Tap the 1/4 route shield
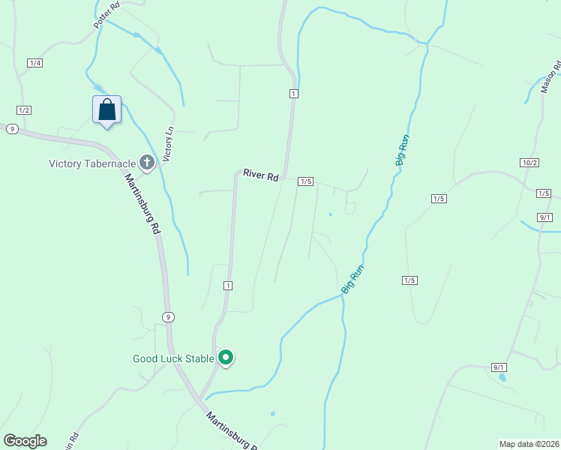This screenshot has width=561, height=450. [x=34, y=63]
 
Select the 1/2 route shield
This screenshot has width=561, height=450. [x=24, y=110]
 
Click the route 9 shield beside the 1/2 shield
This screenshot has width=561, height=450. [x=11, y=129]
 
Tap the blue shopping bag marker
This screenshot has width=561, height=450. [x=107, y=109]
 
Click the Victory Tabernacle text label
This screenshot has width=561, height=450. [x=92, y=163]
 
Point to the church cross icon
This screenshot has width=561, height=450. [x=147, y=162]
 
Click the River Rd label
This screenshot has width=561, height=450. [x=261, y=175]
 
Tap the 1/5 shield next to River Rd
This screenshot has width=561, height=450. [x=304, y=181]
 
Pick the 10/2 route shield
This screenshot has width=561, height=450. [x=529, y=163]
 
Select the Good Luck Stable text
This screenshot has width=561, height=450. [x=173, y=358]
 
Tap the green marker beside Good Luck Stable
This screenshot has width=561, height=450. [x=226, y=358]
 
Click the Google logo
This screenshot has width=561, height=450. [x=25, y=441]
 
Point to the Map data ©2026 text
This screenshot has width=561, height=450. [x=528, y=443]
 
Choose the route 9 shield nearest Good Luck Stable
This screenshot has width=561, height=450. [x=169, y=317]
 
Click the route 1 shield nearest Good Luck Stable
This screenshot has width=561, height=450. [x=228, y=286]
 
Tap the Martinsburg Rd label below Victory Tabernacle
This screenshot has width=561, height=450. [x=143, y=205]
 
